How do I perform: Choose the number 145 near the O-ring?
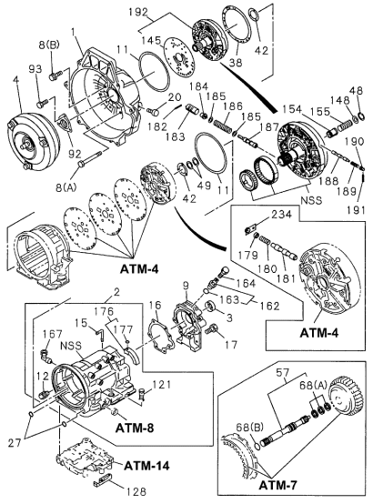153,40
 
